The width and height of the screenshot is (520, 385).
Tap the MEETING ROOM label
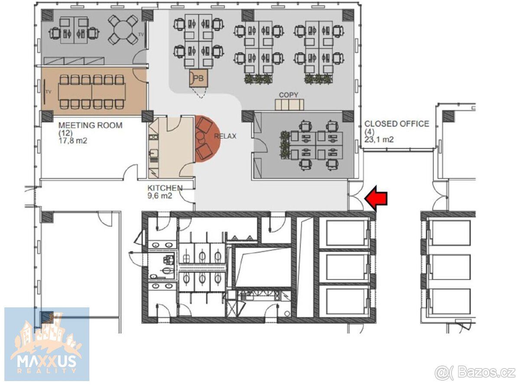click(x=90, y=125)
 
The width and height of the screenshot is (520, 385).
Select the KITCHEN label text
click(x=165, y=188)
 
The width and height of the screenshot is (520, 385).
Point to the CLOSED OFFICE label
click(x=396, y=124)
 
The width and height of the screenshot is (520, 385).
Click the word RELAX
click(x=225, y=136)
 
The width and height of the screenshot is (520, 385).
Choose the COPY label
click(x=288, y=95)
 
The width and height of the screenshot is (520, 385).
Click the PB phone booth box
click(x=198, y=78)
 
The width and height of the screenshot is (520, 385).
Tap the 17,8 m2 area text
click(x=73, y=141)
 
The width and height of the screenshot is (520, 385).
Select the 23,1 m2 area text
click(x=379, y=139)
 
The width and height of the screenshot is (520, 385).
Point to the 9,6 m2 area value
click(x=159, y=196)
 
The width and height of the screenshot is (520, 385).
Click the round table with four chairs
click(x=123, y=29)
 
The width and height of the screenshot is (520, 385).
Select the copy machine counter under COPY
click(x=289, y=104)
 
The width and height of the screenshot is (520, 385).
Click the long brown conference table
click(x=92, y=92)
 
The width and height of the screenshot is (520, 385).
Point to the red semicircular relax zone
click(x=208, y=139)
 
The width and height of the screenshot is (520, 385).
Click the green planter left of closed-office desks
click(x=285, y=144)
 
